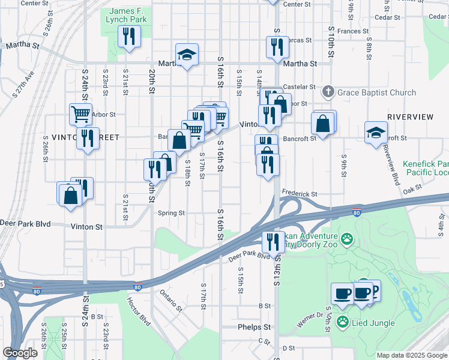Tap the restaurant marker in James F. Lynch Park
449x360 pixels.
128,37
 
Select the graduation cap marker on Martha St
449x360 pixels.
187,55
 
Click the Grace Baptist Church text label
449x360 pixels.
376,92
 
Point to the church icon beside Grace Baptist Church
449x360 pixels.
328,92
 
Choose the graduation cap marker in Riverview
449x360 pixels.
376,133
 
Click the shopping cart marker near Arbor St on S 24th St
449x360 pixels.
80,113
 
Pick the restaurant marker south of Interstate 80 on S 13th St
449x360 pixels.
273,242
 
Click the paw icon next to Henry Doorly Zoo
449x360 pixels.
347,240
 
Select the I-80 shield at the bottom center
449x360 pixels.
138,288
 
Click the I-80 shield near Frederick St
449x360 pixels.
357,212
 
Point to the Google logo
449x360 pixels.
20,353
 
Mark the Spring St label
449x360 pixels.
171,212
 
